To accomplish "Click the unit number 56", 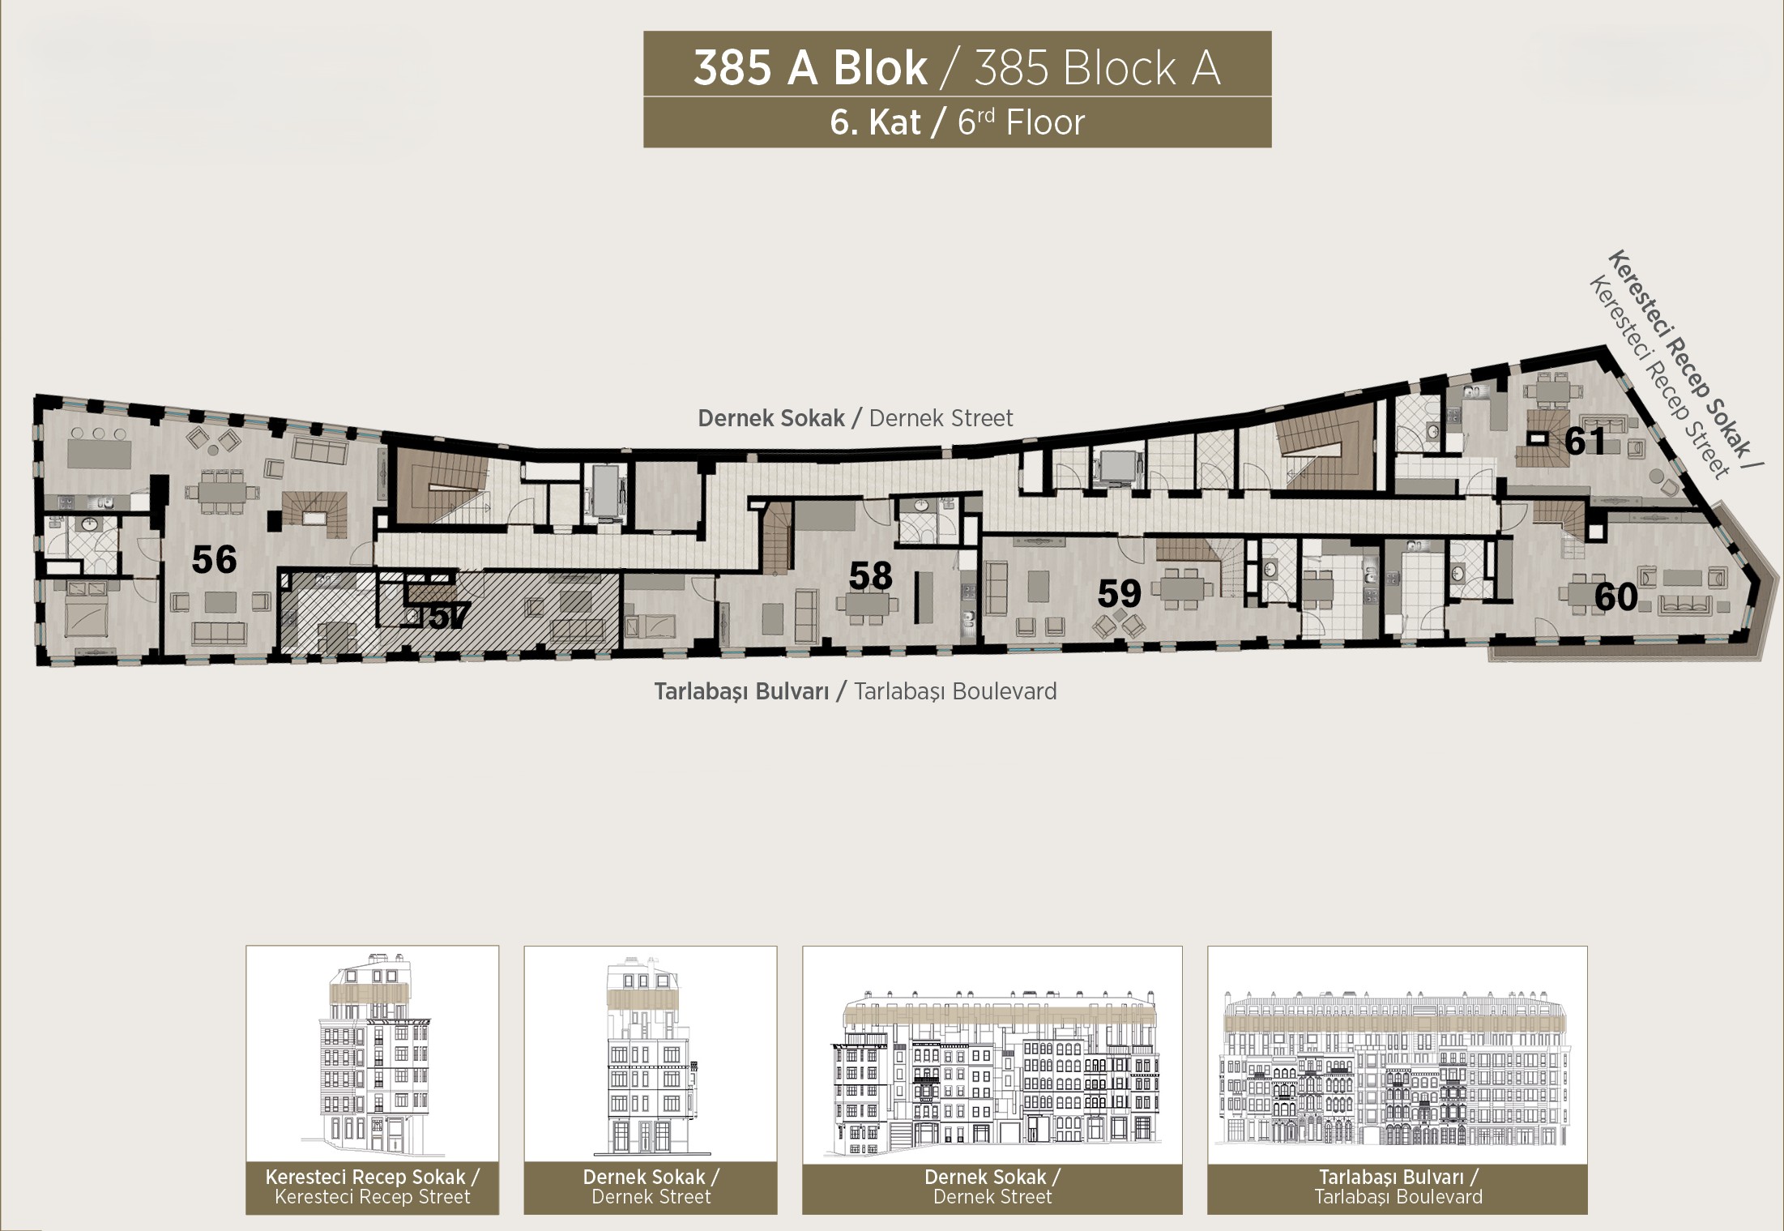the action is (215, 560).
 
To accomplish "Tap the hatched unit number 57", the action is (448, 618).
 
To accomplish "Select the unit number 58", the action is (870, 575).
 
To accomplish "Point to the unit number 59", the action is (1120, 594).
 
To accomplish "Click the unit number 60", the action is (1616, 597).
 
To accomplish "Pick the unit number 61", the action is (1586, 442).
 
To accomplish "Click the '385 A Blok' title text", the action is (810, 68).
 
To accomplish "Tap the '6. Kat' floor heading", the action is (876, 122).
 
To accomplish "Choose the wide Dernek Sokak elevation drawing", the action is (992, 1071).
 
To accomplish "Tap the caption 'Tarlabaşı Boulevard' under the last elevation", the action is (1398, 1196).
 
